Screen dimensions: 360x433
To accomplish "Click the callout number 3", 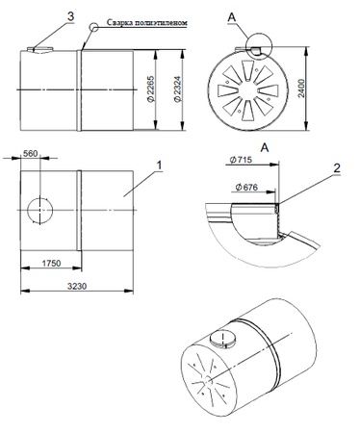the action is pyautogui.click(x=71, y=16).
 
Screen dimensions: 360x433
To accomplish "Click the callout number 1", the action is pyautogui.click(x=159, y=166).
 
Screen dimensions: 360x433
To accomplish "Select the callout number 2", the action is pyautogui.click(x=337, y=168).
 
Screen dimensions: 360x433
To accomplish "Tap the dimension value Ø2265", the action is pyautogui.click(x=150, y=89).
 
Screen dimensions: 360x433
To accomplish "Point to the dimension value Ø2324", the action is pyautogui.click(x=177, y=89).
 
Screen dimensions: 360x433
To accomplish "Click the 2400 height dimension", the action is pyautogui.click(x=301, y=89).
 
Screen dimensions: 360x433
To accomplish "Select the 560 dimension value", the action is pyautogui.click(x=31, y=154).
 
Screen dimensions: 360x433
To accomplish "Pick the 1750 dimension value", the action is pyautogui.click(x=51, y=263).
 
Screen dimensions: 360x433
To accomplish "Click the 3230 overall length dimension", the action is pyautogui.click(x=77, y=286).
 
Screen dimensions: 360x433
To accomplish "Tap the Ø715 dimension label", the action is pyautogui.click(x=242, y=160).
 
